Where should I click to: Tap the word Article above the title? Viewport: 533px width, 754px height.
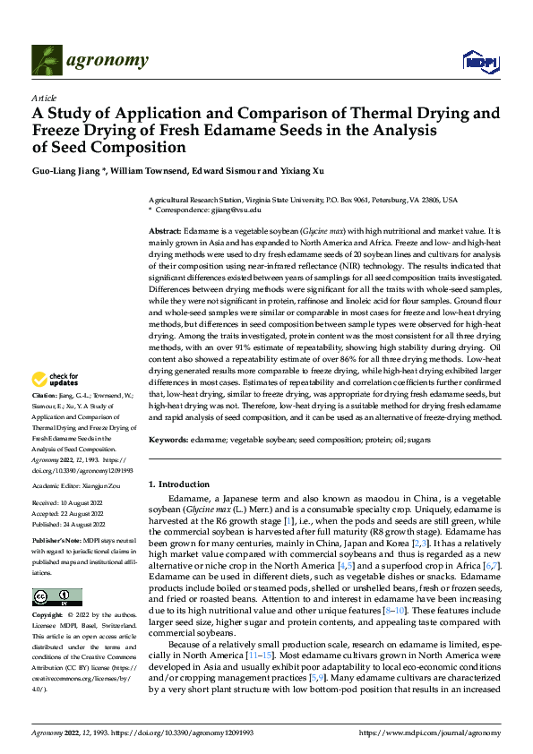click(x=44, y=98)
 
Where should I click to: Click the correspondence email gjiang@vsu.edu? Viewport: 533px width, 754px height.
click(x=236, y=210)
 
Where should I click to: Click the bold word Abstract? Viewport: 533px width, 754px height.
click(x=166, y=231)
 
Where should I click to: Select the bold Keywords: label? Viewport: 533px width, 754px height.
click(x=168, y=440)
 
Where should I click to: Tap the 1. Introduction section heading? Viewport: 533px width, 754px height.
click(x=178, y=484)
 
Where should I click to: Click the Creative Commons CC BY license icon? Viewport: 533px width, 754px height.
click(x=56, y=597)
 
